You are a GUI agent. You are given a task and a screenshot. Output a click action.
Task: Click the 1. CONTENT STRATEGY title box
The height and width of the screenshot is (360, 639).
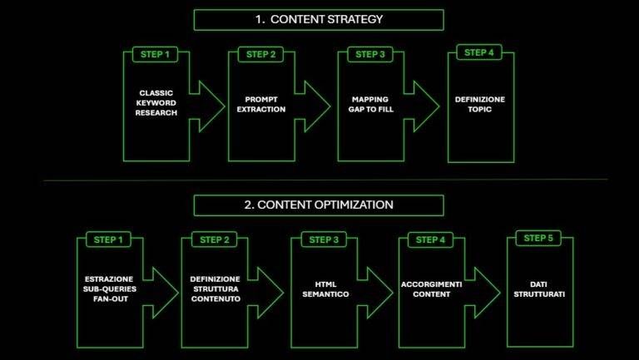319,20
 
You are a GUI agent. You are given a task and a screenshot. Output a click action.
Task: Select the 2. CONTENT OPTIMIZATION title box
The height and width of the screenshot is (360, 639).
319,205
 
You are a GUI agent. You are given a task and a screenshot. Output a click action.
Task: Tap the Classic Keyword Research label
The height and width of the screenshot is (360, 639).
156,103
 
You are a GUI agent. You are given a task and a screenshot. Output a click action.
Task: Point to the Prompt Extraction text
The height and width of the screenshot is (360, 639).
261,104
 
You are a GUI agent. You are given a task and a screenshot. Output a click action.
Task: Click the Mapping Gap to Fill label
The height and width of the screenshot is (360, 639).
371,104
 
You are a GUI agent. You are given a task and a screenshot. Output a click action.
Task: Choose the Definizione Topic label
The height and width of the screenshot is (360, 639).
480,104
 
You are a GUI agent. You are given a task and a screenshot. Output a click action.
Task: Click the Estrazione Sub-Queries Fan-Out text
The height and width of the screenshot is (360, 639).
110,288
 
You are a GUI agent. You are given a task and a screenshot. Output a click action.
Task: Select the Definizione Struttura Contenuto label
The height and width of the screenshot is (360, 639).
215,288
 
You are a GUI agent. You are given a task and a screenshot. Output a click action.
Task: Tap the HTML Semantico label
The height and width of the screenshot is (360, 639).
325,289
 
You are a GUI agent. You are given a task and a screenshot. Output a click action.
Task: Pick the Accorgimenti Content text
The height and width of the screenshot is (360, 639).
432,289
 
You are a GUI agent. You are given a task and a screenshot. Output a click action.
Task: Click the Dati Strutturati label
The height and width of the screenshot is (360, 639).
539,289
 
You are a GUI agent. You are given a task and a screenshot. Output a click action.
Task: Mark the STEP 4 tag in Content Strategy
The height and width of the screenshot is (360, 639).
479,52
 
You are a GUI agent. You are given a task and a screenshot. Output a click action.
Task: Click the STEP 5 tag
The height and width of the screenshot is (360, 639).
538,238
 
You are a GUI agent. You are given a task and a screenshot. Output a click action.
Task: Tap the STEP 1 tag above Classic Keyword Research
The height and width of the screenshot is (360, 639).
155,55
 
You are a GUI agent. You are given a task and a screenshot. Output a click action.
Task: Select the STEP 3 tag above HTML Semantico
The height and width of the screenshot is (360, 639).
324,240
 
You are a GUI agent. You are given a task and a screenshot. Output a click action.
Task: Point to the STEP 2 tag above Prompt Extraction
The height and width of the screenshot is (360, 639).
260,55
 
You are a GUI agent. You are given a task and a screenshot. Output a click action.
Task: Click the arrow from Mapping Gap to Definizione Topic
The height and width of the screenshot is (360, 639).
422,106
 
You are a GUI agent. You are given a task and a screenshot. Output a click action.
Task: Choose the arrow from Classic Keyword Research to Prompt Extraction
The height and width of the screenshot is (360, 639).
207,106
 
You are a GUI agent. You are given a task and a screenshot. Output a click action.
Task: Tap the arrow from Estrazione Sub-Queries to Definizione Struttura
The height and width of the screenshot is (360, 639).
161,293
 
